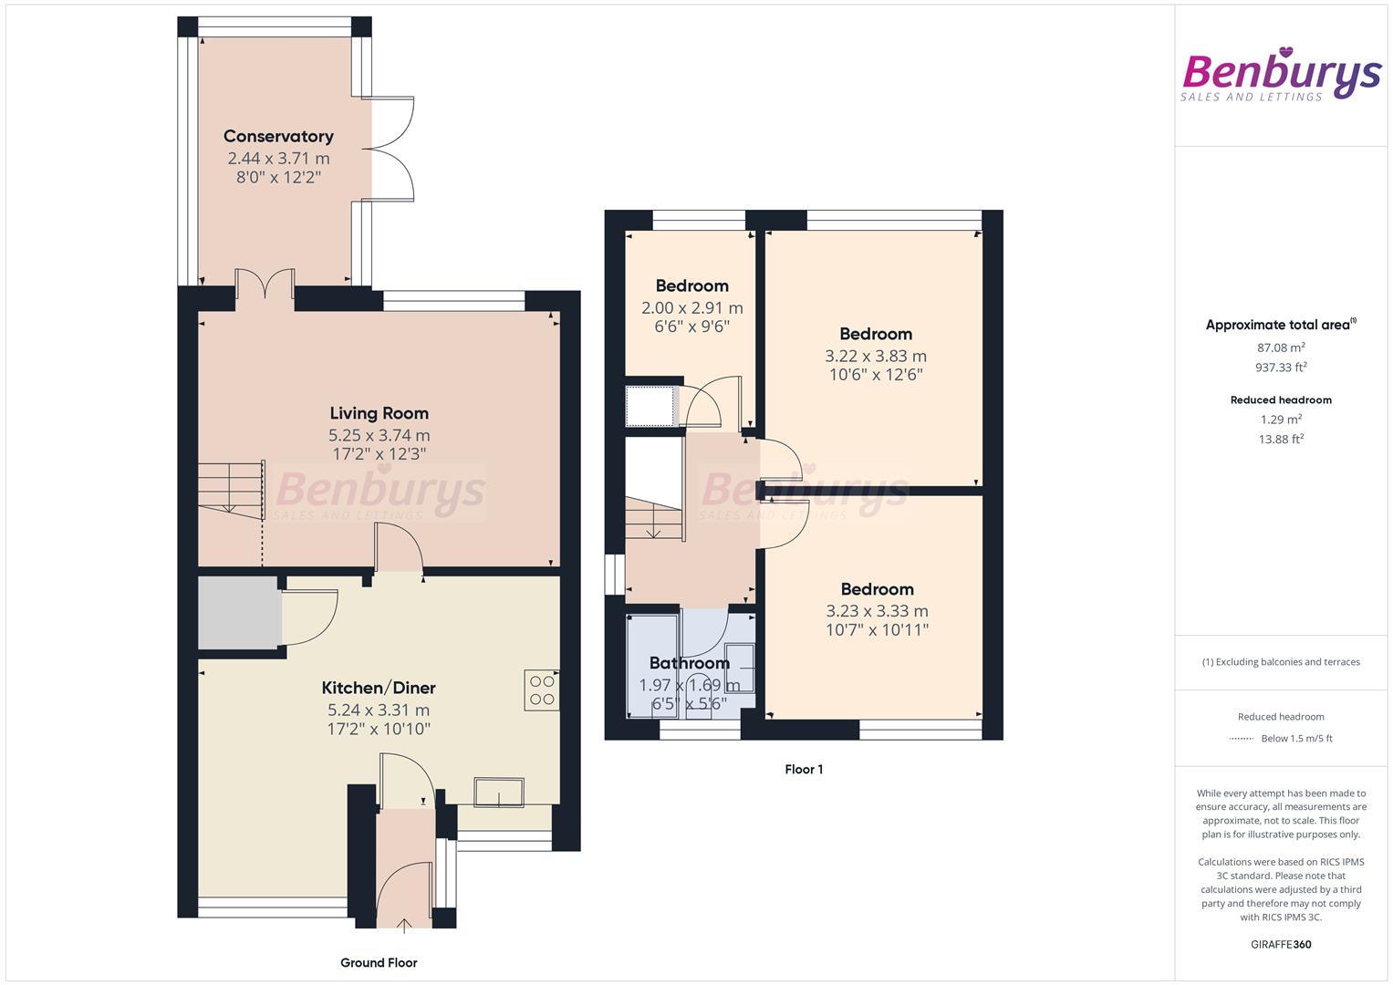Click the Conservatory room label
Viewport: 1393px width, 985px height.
point(278,136)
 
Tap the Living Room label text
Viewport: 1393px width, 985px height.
point(379,413)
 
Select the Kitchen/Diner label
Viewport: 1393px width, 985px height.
point(378,688)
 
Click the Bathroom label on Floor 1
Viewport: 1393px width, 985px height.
point(689,663)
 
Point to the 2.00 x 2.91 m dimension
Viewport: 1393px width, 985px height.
point(692,308)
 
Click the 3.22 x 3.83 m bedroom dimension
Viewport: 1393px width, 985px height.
point(876,357)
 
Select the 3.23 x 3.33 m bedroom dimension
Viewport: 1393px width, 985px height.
point(877,611)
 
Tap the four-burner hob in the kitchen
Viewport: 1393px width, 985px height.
point(542,689)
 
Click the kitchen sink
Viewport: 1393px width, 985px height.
point(499,792)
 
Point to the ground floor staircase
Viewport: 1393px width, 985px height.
point(232,491)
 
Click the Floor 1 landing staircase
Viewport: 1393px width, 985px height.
point(654,519)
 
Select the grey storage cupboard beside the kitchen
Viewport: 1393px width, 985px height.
point(239,614)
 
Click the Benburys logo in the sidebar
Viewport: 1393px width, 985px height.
point(1281,75)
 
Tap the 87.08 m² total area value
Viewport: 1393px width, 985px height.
point(1281,347)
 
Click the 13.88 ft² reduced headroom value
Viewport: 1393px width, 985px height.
point(1281,439)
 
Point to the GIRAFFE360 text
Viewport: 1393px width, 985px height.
point(1281,945)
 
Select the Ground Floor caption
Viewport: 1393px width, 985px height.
point(379,962)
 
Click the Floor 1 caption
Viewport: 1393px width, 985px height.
point(804,769)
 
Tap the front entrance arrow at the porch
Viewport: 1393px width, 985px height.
point(404,926)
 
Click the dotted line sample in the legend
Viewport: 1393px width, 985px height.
point(1242,739)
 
